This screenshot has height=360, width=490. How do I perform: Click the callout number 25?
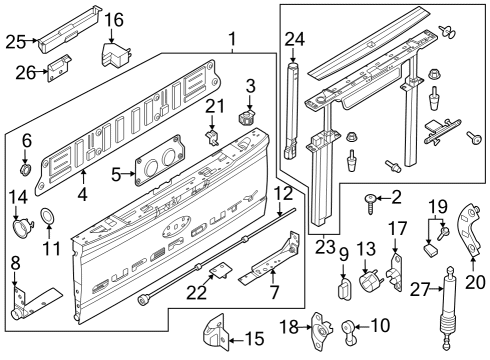pyautogui.click(x=15, y=42)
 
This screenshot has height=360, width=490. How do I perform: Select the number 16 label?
pyautogui.click(x=114, y=20)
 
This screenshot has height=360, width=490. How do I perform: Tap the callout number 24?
pyautogui.click(x=295, y=39)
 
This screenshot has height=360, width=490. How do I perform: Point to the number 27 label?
pyautogui.click(x=420, y=289)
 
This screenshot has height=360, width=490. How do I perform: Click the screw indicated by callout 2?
pyautogui.click(x=370, y=203)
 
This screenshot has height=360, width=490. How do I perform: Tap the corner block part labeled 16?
pyautogui.click(x=116, y=55)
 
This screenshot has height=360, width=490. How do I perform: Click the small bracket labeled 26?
pyautogui.click(x=60, y=68)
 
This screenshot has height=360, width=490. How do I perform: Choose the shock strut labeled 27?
pyautogui.click(x=449, y=308)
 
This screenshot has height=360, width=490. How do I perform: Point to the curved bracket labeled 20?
pyautogui.click(x=469, y=230)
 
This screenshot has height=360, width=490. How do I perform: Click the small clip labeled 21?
pyautogui.click(x=211, y=137)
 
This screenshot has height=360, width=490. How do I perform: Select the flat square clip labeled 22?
pyautogui.click(x=221, y=270)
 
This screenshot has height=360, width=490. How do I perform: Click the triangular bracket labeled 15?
pyautogui.click(x=215, y=333)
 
